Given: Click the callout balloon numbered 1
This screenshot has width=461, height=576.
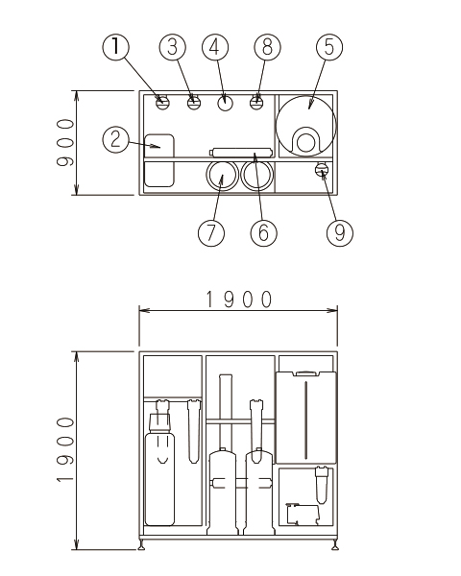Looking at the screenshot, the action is coord(115,47).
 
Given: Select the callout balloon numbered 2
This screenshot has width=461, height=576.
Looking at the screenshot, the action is coord(115,139).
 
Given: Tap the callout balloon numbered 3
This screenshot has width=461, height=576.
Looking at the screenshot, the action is coord(173,47).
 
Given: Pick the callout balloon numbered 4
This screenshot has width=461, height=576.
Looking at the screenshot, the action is coord(215,47).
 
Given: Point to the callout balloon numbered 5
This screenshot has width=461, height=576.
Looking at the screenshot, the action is coord(329,47).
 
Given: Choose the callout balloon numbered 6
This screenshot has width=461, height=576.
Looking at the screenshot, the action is coord(263,232).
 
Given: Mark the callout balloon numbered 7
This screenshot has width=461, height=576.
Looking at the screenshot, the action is coord(211,232).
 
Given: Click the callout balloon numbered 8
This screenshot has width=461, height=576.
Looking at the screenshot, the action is coord(267,47).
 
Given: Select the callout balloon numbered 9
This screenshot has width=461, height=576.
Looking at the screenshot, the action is coord(340,232).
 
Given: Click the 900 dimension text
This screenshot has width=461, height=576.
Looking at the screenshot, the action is coord(65,142).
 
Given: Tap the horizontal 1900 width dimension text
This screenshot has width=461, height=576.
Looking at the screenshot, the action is coord(239,299).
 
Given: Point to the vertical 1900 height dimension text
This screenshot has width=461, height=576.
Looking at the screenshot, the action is coord(65,449).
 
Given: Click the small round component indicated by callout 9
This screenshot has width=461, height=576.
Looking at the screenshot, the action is coord(322,169).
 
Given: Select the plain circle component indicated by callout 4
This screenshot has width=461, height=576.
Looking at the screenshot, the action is coord(225,103).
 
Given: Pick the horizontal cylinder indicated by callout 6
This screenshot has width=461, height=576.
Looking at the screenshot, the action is coord(241,152).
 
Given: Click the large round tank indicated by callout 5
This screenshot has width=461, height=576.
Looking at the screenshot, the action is coord(305,126).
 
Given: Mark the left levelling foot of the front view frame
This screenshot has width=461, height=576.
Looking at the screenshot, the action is coord(141,544).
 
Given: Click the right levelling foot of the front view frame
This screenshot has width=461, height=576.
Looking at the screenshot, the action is coord(334,544).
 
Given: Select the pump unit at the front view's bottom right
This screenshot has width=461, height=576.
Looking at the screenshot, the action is coord(303,515).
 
